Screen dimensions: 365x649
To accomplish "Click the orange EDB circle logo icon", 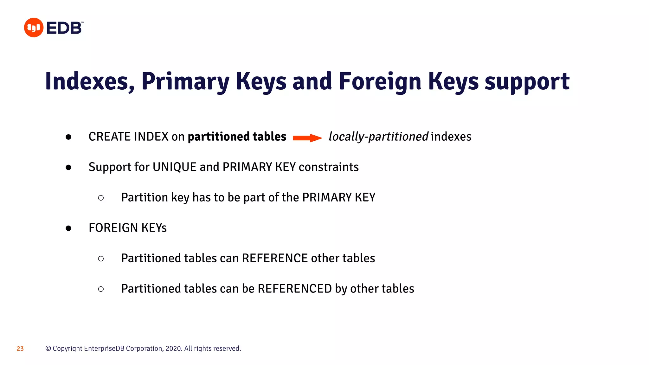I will [x=34, y=28].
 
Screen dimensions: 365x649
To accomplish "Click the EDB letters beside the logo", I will [x=64, y=28].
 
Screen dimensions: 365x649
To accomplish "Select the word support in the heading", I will [x=527, y=81].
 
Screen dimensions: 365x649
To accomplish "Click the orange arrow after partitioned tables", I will [x=307, y=138].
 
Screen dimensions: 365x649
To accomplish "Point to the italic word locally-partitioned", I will [x=378, y=137].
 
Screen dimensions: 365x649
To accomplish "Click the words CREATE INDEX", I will [x=128, y=137].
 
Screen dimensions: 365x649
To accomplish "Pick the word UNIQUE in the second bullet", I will [x=174, y=167].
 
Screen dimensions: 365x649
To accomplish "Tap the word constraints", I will [x=329, y=167].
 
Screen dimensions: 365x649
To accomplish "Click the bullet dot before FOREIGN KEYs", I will [x=68, y=228].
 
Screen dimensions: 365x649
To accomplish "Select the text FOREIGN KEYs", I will [x=127, y=228].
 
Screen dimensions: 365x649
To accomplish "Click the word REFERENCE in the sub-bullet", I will [x=275, y=258].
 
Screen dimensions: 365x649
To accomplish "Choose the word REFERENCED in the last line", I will [x=295, y=289].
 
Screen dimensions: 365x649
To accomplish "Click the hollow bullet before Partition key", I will [x=101, y=198].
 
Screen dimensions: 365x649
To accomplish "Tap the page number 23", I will [x=20, y=349].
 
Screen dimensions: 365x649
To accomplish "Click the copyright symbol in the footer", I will [x=48, y=349].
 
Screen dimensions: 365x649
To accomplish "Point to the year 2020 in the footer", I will [x=173, y=349].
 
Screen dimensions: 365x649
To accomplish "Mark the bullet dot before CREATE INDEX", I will [x=68, y=137].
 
